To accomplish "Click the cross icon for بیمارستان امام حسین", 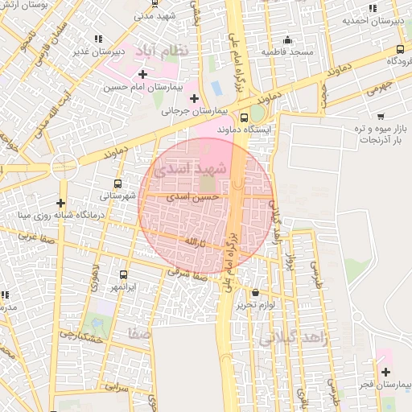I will pos(143,74).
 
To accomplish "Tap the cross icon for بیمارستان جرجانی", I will pos(194,98).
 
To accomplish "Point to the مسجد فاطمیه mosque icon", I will pos(287,40).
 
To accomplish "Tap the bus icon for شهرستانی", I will pos(118,183).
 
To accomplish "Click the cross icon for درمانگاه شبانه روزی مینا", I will pos(61,203).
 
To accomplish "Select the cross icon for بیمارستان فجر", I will pos(385,372).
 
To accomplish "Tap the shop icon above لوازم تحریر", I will pos(256,293).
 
